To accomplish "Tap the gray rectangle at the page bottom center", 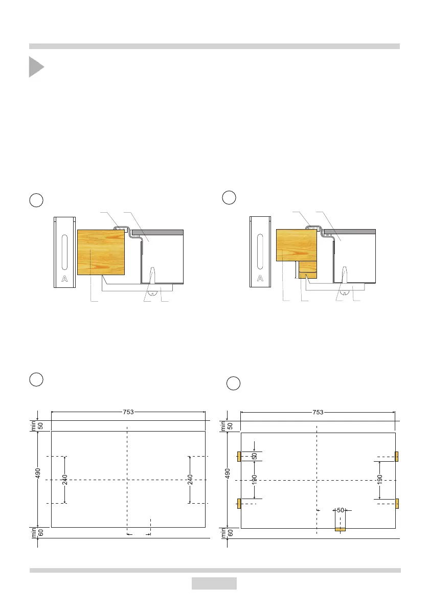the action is coord(214,583).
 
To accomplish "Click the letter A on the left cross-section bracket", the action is coord(64,279).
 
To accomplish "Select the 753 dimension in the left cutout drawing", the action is coord(128,412).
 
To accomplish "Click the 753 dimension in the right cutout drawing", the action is coord(318,412).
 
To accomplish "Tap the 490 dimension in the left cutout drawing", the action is coord(38,473).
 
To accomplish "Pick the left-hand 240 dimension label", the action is coord(65,480).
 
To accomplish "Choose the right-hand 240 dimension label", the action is coord(190,480).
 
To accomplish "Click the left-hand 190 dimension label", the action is coord(254,480).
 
